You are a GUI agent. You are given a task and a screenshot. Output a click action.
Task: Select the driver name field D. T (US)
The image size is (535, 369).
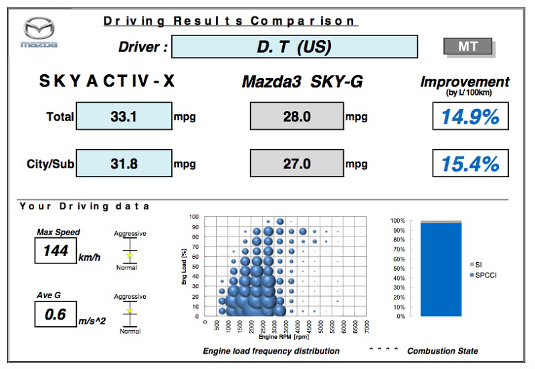coord(294,47)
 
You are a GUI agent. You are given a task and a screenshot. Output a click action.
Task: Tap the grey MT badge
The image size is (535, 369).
coord(467,47)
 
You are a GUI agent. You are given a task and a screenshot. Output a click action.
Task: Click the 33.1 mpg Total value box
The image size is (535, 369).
coord(124,116)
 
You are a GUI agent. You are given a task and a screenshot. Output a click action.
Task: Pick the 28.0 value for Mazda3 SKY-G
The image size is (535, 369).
coord(296,116)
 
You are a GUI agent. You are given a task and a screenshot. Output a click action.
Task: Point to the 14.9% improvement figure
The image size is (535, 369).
coord(470,116)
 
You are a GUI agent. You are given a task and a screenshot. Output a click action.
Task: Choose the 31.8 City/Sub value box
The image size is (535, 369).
coord(124,164)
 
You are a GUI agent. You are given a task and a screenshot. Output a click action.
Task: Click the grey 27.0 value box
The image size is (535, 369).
coord(296,164)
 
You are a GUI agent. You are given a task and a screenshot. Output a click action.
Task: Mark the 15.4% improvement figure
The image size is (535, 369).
coord(470,164)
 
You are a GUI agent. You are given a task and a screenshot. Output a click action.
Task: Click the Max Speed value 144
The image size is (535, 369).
coord(56,252)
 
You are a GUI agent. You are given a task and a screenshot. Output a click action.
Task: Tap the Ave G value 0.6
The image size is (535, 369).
coord(56,313)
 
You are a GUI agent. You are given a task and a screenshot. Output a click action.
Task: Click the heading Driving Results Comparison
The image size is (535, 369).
coord(229,21)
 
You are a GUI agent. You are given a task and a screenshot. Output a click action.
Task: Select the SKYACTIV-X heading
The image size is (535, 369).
coord(107,82)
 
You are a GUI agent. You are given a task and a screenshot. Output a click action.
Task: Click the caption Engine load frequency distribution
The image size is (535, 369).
coord(272,351)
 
